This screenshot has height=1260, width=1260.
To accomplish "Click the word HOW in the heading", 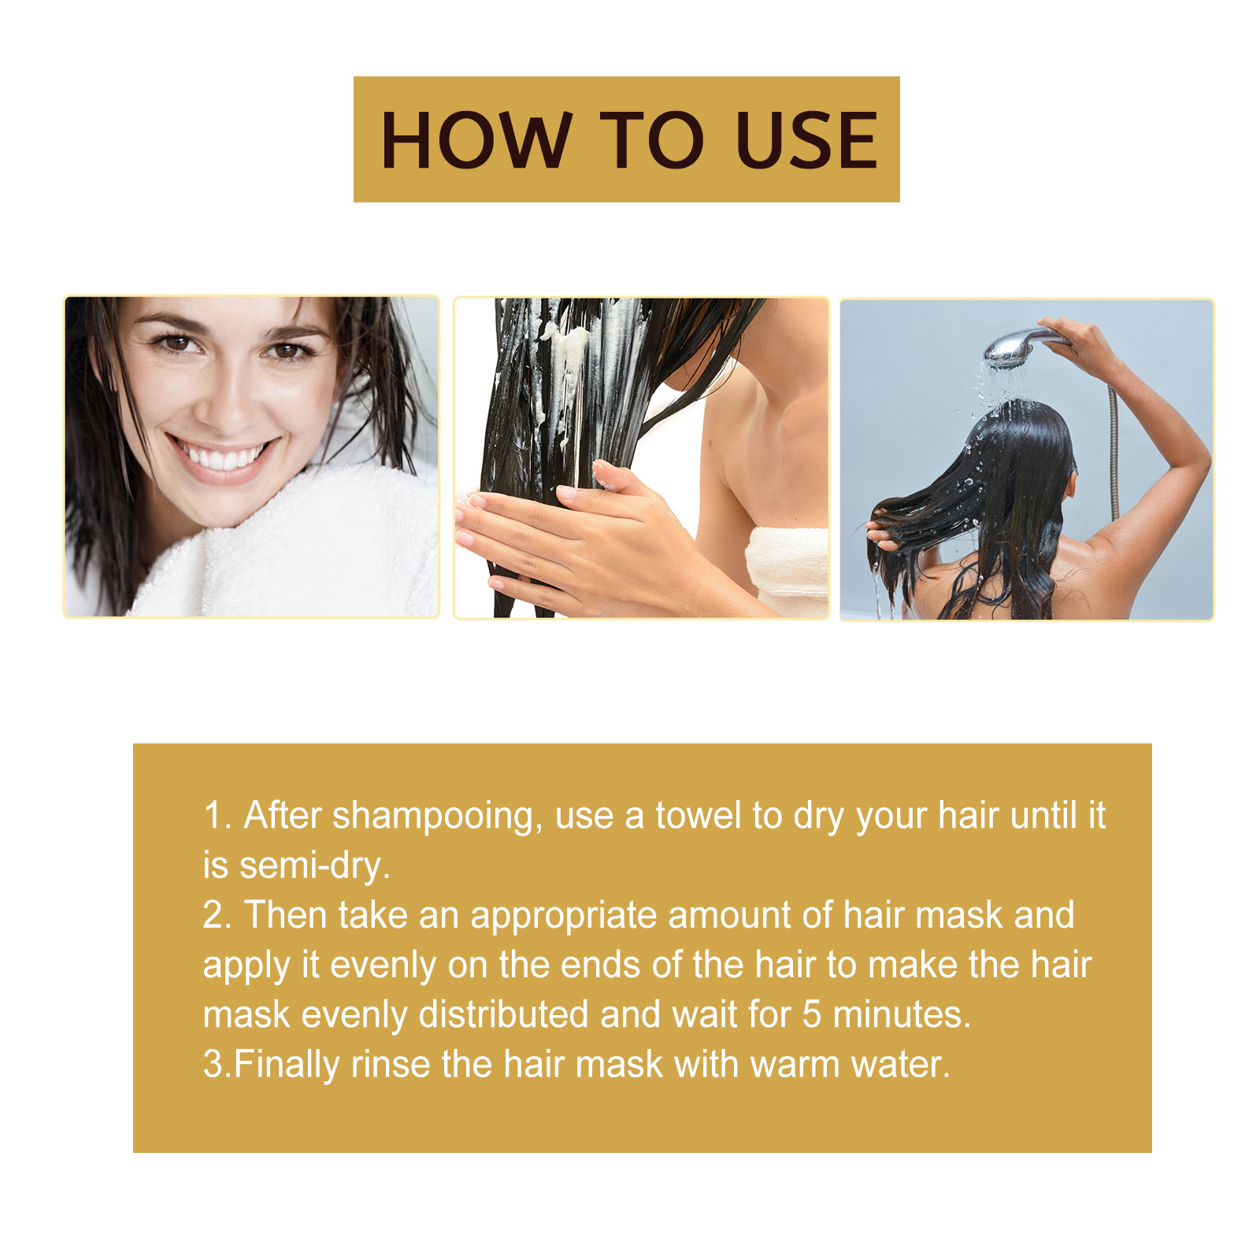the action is coord(476,140).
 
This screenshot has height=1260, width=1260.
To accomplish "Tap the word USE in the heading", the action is coord(806,140).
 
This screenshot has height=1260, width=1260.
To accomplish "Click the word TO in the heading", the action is coord(653,140).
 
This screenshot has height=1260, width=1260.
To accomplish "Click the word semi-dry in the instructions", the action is coord(315,865).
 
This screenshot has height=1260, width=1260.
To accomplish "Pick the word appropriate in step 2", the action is coord(564,917).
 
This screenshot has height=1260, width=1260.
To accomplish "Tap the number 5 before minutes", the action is coord(812,1014).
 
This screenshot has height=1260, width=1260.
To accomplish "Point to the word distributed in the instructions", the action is coord(503,1014).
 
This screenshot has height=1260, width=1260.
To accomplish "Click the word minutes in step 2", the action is coord(902,1014).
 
